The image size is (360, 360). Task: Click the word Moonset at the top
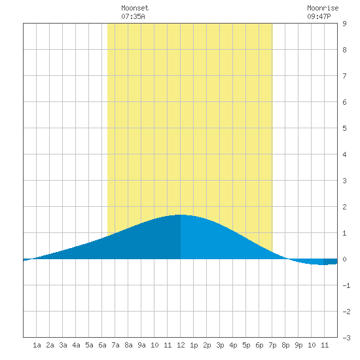coord(135,8)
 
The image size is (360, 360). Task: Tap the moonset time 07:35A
coord(133,16)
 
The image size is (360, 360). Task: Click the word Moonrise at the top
coord(323,8)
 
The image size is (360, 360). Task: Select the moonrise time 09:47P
coord(319,16)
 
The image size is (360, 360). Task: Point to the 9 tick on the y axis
coord(344,24)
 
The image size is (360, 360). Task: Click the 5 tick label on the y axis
coord(344,128)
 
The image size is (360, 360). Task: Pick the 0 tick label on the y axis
coord(344,259)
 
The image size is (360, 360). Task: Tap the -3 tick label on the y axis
coord(346,338)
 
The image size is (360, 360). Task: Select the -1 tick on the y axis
coord(346,285)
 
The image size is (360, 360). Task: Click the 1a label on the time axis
coord(37,345)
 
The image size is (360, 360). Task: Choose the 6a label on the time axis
coord(102,345)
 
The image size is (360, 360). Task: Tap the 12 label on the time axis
coord(181,345)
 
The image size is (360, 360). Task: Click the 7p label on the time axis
coord(272,345)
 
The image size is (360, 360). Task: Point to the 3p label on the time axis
coord(220,345)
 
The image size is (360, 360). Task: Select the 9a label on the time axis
coord(141,345)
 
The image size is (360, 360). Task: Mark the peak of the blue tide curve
coord(181,215)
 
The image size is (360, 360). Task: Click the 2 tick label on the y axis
coord(344,207)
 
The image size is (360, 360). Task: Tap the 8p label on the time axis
coord(285,345)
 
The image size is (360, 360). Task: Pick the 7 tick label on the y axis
coord(344,76)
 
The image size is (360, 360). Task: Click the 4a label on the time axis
coord(76,345)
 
